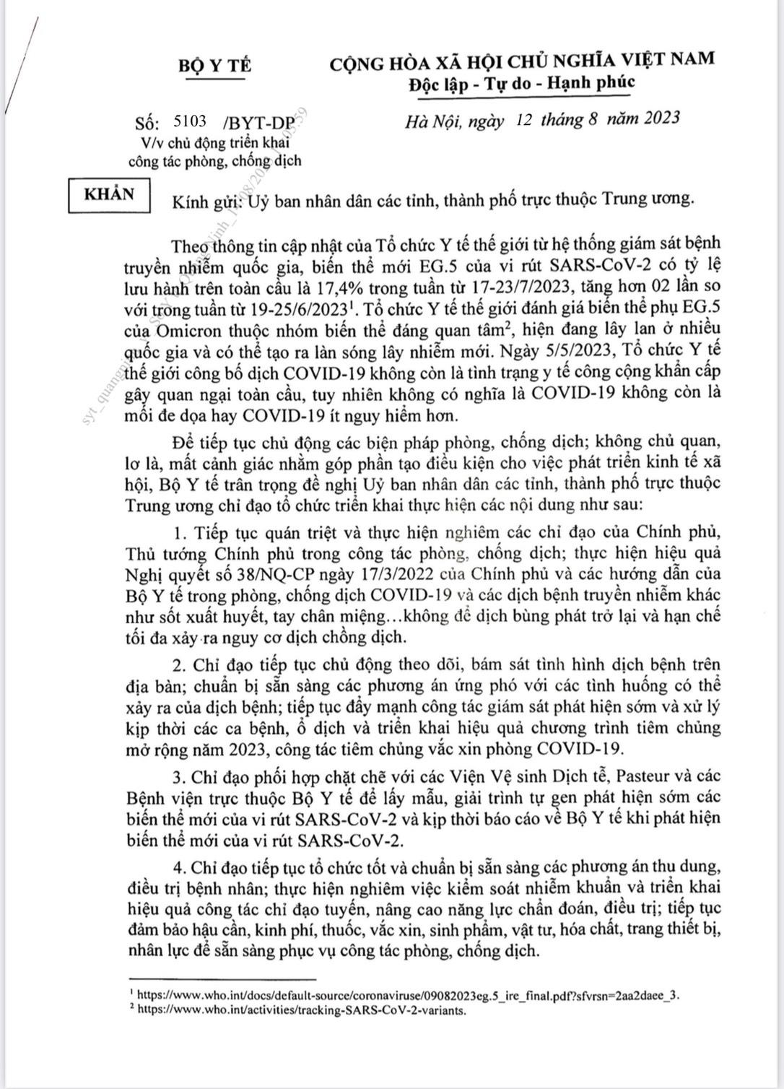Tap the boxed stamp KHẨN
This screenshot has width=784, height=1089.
click(x=110, y=195)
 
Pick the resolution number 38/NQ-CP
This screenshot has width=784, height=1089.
click(x=256, y=573)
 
